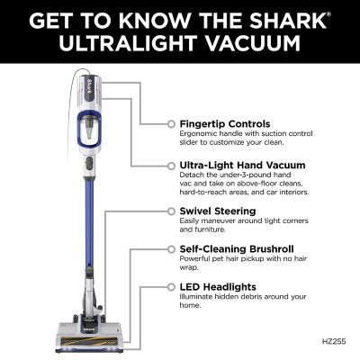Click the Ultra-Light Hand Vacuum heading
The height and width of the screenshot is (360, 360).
coord(238,166)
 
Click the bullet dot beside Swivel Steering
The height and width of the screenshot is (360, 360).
coord(171,211)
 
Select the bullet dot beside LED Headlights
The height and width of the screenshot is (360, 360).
coord(171,285)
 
